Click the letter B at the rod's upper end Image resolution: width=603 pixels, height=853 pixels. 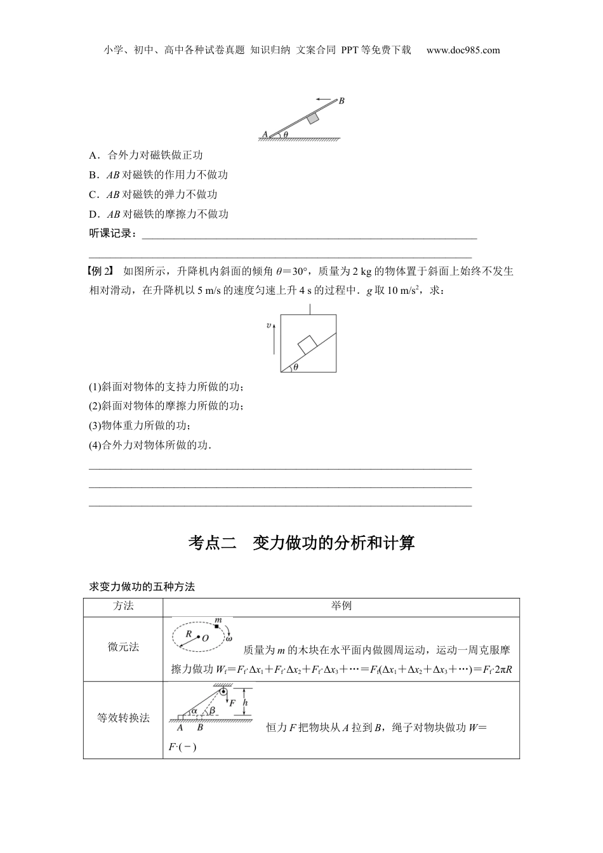pos(341,100)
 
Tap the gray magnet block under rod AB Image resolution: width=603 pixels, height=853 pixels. pos(312,119)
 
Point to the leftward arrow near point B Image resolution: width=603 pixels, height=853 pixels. pos(325,100)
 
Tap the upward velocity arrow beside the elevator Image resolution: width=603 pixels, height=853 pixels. pos(271,343)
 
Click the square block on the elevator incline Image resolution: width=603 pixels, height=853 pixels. pos(307,344)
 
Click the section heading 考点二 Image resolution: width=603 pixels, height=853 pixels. pos(212,543)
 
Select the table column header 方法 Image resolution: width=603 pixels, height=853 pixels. pos(123,606)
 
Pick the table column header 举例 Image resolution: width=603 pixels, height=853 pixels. pos(341,606)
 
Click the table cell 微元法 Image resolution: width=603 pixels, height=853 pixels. pos(123,647)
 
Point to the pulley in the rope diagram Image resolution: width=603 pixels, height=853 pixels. pos(223,691)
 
